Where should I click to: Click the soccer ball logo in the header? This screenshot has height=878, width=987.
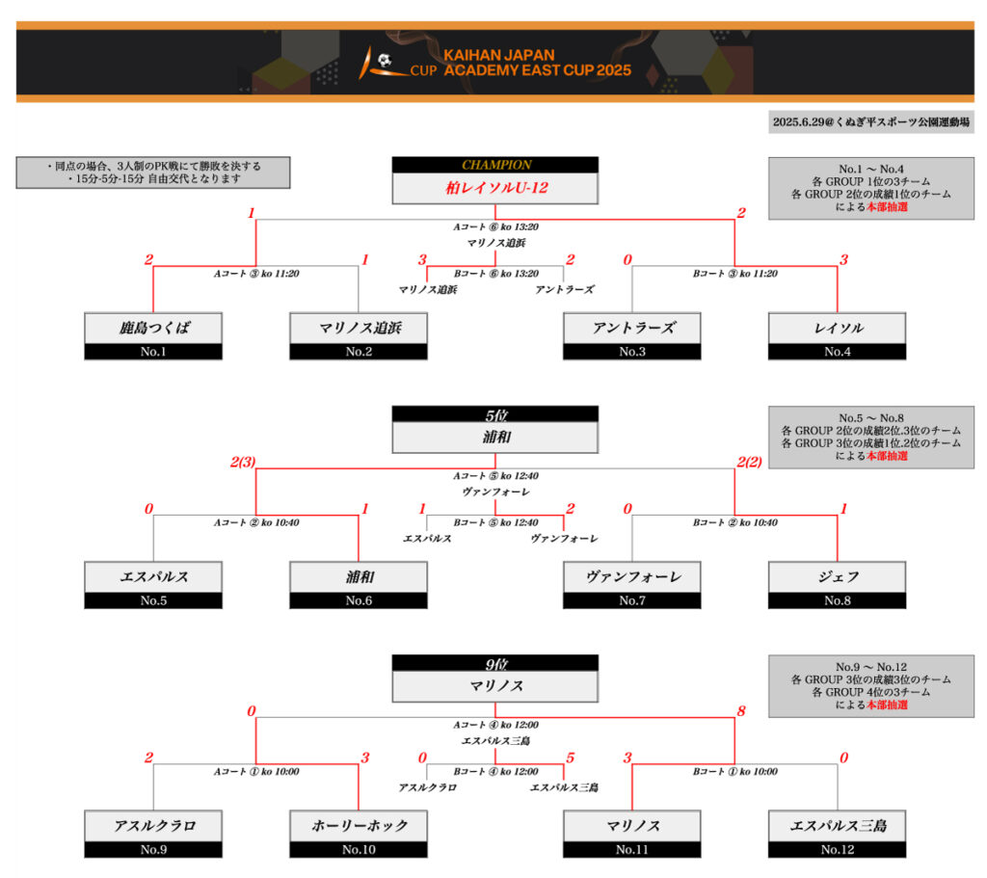384,61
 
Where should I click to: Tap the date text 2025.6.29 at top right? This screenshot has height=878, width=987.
870,122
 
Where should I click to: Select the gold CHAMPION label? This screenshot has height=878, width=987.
495,165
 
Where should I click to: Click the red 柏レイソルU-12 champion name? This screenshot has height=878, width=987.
495,188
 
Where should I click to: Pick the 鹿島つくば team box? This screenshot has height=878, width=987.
153,328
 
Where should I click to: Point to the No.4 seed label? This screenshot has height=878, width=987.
837,352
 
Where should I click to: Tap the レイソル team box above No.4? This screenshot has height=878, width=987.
837,328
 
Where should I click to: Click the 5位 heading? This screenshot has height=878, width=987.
495,414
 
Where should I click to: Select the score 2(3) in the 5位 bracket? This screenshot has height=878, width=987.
243,462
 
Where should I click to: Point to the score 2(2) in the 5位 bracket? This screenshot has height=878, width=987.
749,462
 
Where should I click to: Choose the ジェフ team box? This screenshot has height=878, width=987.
837,577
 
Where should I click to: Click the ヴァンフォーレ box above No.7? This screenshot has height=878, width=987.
632,577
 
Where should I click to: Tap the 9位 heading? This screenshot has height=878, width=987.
495,663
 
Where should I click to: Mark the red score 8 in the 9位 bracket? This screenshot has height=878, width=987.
741,711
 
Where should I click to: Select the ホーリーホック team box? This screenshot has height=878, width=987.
359,826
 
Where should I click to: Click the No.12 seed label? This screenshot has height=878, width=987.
837,849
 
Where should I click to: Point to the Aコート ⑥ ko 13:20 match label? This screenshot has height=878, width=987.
495,227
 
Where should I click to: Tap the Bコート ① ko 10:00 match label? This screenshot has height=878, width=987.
735,771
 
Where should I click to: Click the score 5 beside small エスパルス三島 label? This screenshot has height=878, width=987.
571,758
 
